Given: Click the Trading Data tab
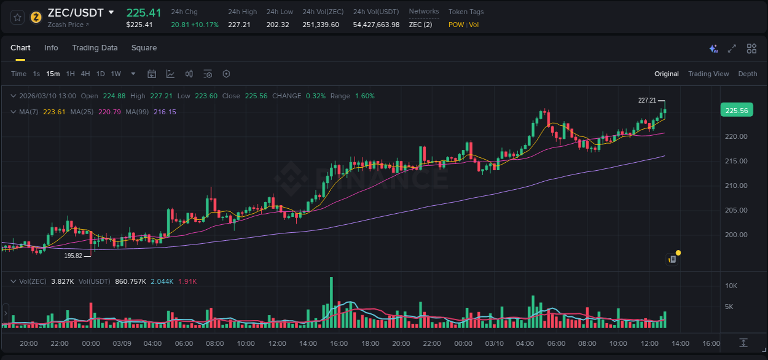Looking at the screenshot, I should [x=95, y=48].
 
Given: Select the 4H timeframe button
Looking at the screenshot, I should [x=85, y=74].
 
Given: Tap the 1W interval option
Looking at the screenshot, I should [x=116, y=74].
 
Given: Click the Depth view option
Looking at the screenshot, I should [x=747, y=74].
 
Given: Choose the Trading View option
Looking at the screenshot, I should [x=708, y=74].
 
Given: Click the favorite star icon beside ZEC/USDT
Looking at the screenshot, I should [x=17, y=17].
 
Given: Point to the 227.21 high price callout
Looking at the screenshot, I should [x=647, y=100].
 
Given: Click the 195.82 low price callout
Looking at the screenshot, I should [x=73, y=256].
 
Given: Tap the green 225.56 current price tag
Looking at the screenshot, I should [x=736, y=111].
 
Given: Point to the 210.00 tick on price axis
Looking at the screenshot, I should [x=736, y=186].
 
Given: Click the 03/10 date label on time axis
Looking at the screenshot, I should [x=495, y=343].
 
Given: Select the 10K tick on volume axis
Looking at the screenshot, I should [x=731, y=286].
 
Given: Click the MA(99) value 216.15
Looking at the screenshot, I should [x=165, y=112].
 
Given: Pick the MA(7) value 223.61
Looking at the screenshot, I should [x=54, y=112].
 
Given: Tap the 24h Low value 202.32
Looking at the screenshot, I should [x=278, y=25].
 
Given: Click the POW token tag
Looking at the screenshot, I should [x=456, y=25].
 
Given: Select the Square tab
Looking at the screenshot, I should [x=144, y=48].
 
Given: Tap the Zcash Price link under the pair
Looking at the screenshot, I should [x=68, y=25].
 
